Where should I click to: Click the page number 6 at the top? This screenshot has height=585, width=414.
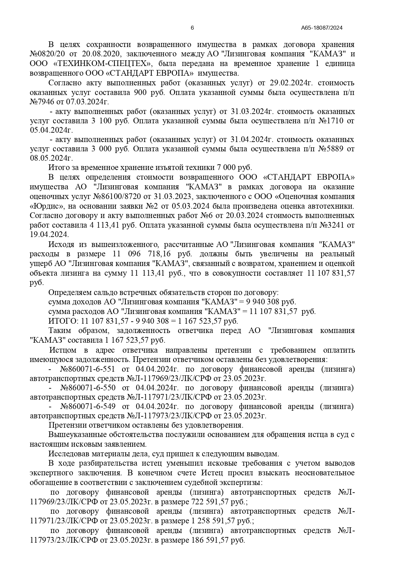coord(192,28)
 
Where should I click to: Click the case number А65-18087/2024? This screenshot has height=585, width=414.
coord(322,28)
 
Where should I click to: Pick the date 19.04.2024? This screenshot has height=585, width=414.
coord(49,234)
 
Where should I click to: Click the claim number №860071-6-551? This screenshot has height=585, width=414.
coord(87,369)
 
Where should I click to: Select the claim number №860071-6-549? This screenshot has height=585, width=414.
coord(87,407)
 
